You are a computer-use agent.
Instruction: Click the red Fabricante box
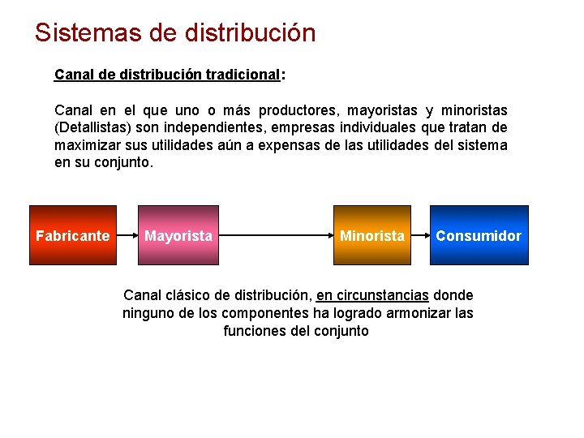coord(73,235)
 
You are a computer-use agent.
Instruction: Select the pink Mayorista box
coord(178,235)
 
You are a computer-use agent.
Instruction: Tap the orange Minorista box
coord(371,235)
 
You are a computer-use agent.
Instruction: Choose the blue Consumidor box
coord(479,235)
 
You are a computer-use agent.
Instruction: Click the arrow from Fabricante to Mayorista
coord(127,235)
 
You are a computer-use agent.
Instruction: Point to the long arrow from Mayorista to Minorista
coord(276,235)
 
